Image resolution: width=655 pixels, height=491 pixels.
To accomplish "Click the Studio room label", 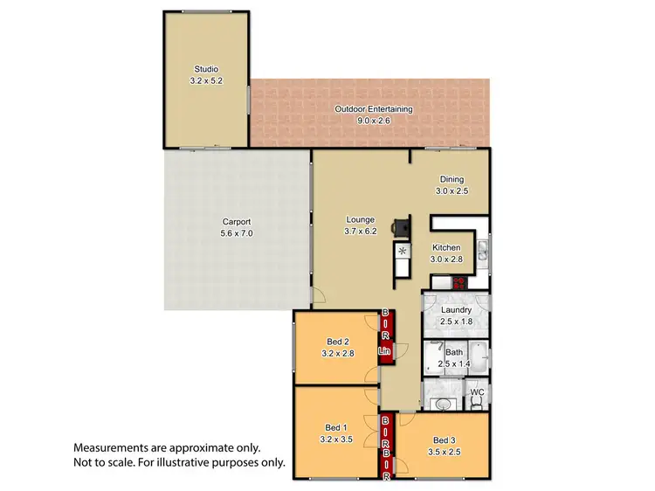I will [x=206, y=69].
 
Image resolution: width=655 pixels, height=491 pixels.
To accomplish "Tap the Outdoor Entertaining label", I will [x=374, y=109].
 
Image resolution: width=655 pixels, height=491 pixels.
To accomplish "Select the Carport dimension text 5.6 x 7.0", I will [x=236, y=234].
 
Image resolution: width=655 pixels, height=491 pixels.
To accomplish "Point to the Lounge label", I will [x=360, y=219].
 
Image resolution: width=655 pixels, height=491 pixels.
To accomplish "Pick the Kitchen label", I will [x=446, y=247].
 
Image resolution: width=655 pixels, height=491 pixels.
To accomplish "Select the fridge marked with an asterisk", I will [x=403, y=252].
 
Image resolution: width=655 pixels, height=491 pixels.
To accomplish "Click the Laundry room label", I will [x=456, y=309].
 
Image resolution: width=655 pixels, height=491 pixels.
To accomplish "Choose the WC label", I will [x=477, y=392].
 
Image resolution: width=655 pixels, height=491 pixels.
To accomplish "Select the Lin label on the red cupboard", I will [x=383, y=352].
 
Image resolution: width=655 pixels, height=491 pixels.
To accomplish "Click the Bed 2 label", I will [x=338, y=342].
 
